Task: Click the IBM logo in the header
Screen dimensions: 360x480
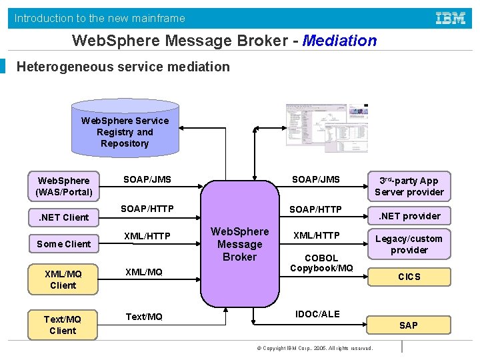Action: point(451,18)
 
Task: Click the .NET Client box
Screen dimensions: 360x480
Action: point(63,217)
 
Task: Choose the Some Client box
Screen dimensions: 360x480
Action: point(63,244)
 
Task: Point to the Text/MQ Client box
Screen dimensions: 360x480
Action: point(63,325)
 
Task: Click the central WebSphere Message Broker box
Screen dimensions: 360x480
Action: point(239,244)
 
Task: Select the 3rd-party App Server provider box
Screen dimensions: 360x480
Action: point(409,187)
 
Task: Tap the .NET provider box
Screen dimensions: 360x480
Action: point(409,216)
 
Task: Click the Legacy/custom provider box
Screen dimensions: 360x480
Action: point(409,244)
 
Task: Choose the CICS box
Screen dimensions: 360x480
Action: point(409,277)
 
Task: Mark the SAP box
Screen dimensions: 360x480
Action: point(409,325)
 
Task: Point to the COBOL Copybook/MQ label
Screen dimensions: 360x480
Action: point(321,263)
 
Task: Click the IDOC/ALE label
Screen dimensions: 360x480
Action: point(317,314)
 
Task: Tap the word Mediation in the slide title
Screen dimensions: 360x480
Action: point(339,41)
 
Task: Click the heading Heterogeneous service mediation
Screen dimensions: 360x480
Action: point(123,67)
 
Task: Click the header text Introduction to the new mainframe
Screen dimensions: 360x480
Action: point(100,18)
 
